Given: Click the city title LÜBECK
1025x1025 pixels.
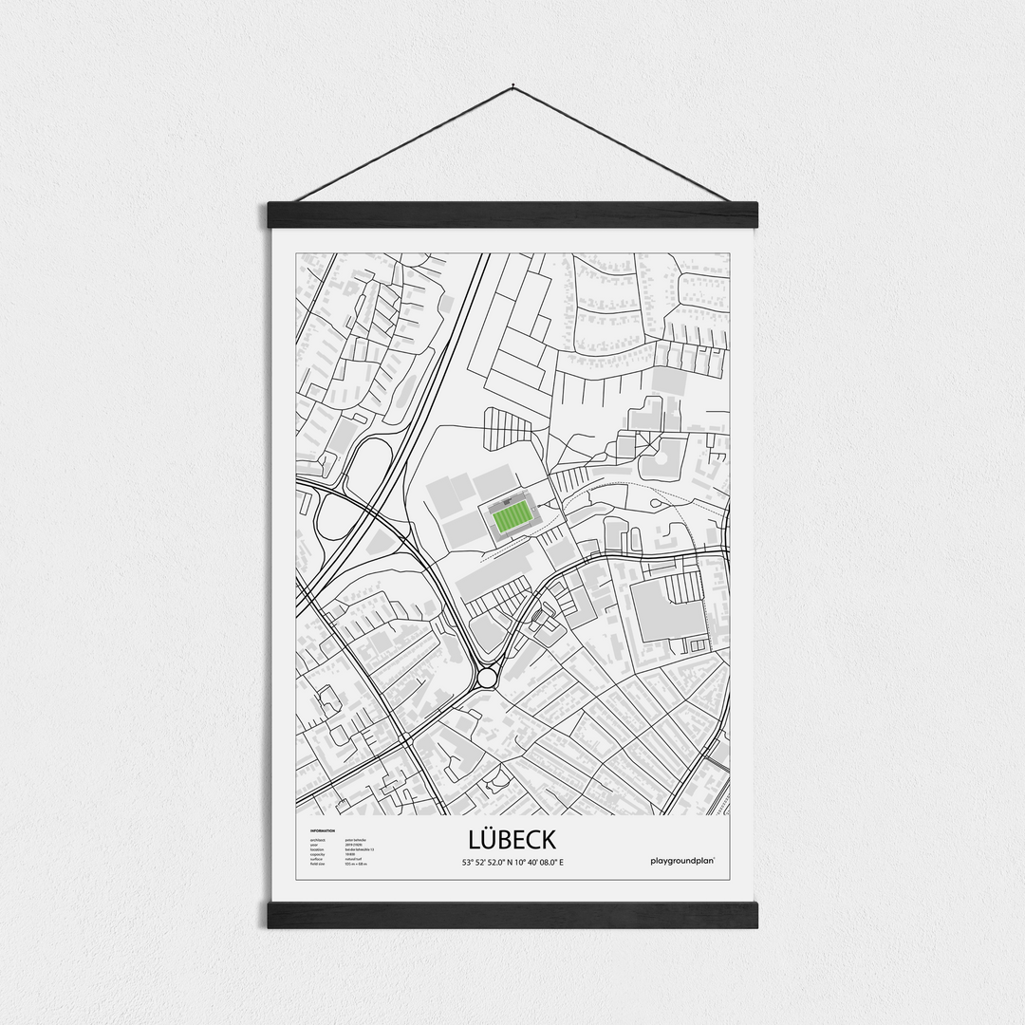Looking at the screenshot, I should [x=512, y=840].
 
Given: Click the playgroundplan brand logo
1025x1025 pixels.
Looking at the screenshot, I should [x=683, y=861].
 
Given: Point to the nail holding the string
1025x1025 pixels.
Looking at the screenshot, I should [x=512, y=87].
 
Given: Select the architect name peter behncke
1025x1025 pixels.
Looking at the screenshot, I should [x=358, y=840].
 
